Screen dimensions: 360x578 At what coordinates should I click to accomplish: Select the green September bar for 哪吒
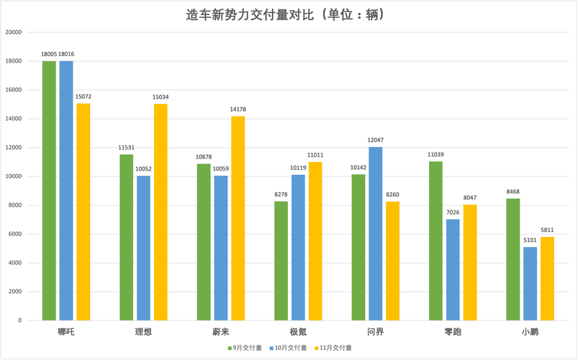pyautogui.click(x=49, y=191)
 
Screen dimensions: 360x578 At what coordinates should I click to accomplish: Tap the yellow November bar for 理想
pyautogui.click(x=160, y=212)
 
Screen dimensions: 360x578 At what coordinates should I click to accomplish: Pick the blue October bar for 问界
pyautogui.click(x=375, y=233)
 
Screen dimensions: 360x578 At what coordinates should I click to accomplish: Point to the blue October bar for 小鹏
pyautogui.click(x=530, y=284)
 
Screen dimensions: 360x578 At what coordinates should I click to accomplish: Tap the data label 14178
pyautogui.click(x=238, y=109)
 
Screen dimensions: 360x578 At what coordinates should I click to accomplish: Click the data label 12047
pyautogui.click(x=375, y=140)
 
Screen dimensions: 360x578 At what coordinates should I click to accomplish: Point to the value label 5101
pyautogui.click(x=530, y=240)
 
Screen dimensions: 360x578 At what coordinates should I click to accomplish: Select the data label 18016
pyautogui.click(x=67, y=54)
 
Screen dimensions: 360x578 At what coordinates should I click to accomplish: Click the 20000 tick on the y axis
pyautogui.click(x=13, y=32)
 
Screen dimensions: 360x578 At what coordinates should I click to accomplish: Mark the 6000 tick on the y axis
pyautogui.click(x=15, y=234)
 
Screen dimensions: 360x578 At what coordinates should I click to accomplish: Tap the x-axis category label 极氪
pyautogui.click(x=298, y=332)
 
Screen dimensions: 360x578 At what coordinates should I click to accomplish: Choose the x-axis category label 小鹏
pyautogui.click(x=530, y=332)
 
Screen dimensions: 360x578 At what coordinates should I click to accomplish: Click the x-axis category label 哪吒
pyautogui.click(x=66, y=332)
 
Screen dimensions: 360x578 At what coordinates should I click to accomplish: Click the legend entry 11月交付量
pyautogui.click(x=335, y=348)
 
